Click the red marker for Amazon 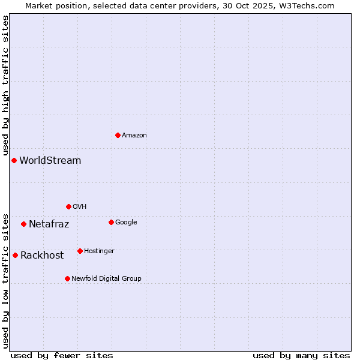118,135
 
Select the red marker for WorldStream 14,160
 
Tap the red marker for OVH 68,206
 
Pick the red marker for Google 111,222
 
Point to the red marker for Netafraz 23,224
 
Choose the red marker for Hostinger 80,251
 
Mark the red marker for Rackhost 15,255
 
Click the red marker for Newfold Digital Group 67,278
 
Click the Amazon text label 134,136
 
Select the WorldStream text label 50,161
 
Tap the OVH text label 80,207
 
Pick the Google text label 126,223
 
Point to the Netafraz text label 49,224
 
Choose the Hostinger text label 99,251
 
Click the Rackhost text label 42,256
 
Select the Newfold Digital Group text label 106,279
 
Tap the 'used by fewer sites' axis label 62,355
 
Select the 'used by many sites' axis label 301,355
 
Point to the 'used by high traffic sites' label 5,85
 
